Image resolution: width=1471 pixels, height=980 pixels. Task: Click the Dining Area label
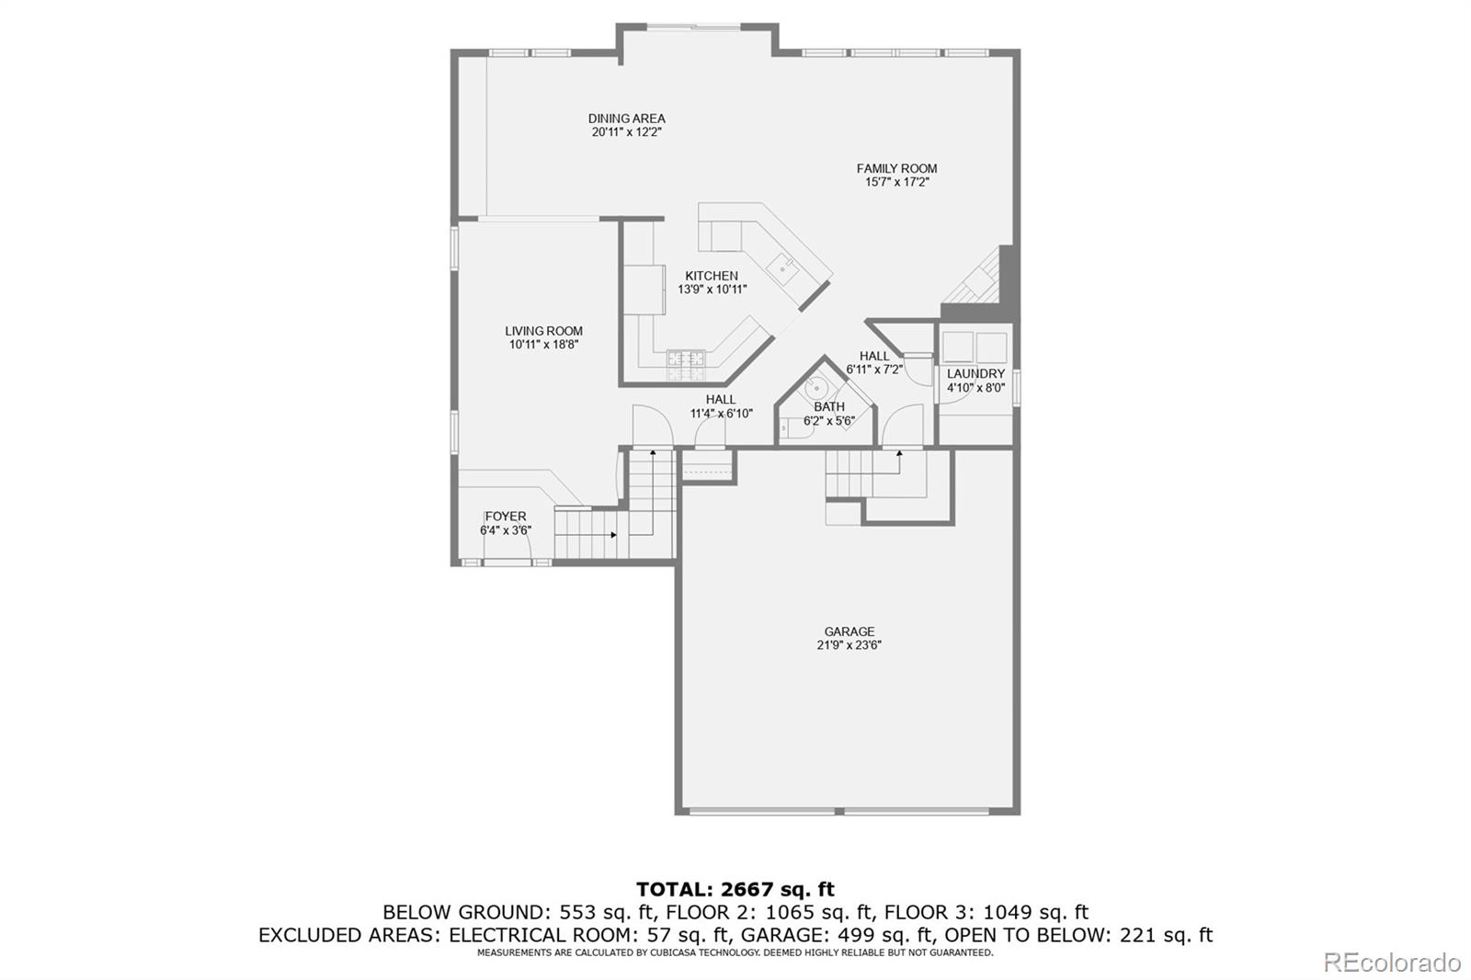(x=626, y=119)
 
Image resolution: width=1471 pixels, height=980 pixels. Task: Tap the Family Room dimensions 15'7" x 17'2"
(x=896, y=182)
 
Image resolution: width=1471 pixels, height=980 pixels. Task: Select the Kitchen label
(x=711, y=276)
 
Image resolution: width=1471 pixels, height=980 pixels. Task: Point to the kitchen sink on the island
(x=784, y=268)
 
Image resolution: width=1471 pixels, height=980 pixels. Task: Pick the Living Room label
(x=543, y=331)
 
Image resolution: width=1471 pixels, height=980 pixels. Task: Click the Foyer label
(x=505, y=517)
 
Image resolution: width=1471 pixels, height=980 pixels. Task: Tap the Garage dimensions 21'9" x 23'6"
(x=849, y=645)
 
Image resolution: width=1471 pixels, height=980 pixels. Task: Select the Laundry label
(x=975, y=374)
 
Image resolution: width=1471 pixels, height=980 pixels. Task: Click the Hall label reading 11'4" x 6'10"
(x=721, y=400)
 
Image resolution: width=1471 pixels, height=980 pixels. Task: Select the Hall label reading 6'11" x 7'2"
(x=874, y=356)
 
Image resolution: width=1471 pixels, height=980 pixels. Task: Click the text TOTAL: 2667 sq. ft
(x=735, y=889)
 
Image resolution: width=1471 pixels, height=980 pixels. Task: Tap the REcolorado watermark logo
(x=1391, y=963)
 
